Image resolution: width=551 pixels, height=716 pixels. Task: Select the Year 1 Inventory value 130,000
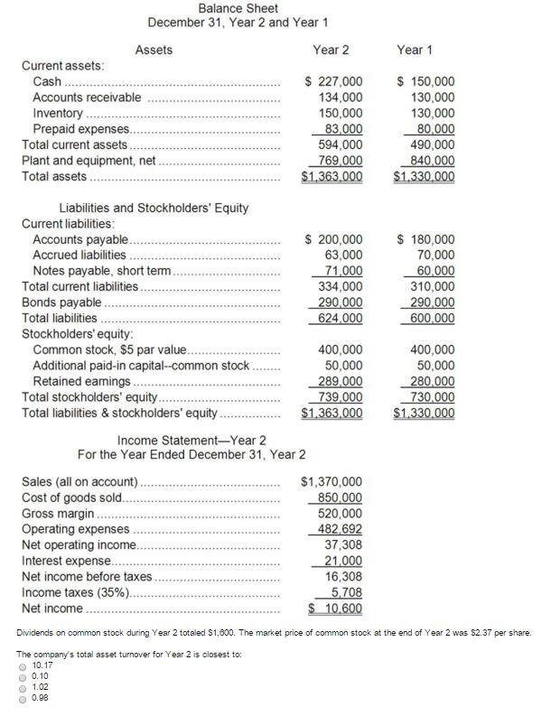click(428, 114)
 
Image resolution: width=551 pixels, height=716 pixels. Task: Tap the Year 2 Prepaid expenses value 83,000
click(341, 129)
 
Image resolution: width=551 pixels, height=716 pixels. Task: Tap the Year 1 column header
click(415, 50)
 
